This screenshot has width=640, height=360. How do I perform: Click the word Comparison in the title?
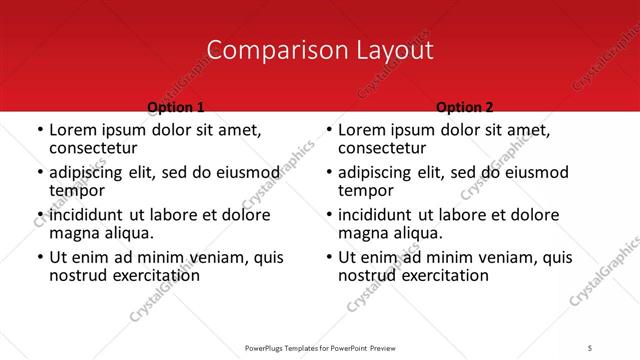pos(267,51)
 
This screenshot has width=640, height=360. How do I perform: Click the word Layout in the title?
pos(387,51)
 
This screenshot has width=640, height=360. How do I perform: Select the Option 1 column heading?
pos(176,107)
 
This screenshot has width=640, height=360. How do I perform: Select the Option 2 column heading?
pos(465,107)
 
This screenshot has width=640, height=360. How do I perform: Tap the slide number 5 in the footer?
pos(591,349)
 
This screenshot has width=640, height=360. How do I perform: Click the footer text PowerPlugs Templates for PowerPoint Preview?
pos(319,349)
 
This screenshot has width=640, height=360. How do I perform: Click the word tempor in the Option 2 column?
pos(364,191)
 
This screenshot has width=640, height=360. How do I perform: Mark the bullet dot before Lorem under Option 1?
pos(39,130)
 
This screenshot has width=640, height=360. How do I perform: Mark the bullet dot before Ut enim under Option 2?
pos(328,258)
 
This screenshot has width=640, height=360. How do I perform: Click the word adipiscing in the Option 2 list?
pos(377,172)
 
